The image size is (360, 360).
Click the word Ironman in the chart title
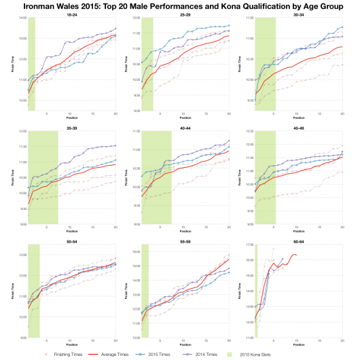coord(39,6)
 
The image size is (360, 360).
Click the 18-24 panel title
coord(71,14)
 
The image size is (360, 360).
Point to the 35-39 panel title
coord(71,127)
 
